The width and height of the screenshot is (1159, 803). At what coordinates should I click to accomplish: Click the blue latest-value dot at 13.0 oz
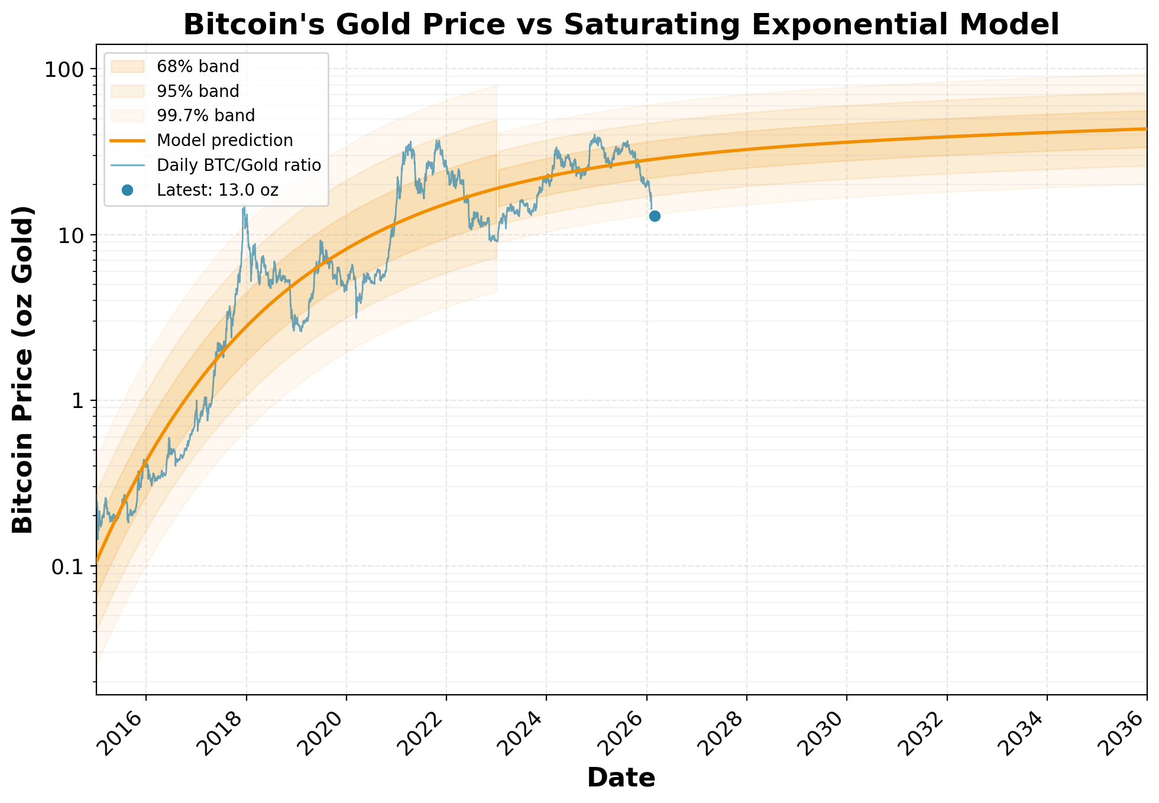[655, 216]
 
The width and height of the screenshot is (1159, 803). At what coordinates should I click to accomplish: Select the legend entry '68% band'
[198, 67]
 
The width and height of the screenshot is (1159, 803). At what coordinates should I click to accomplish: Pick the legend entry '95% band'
[198, 92]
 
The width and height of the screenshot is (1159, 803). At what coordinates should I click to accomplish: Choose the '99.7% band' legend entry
[205, 116]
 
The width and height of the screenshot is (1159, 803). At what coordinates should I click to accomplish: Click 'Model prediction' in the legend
[225, 141]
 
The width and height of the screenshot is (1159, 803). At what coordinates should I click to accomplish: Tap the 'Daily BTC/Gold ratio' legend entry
[239, 166]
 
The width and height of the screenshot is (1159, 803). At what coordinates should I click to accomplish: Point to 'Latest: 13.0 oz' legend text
[217, 190]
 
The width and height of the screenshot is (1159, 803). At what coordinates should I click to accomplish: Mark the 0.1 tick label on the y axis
[67, 566]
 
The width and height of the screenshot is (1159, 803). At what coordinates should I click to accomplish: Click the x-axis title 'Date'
[621, 778]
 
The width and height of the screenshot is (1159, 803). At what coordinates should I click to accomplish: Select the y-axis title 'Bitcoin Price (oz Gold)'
[24, 370]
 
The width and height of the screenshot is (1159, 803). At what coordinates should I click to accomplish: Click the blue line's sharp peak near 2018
[244, 206]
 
